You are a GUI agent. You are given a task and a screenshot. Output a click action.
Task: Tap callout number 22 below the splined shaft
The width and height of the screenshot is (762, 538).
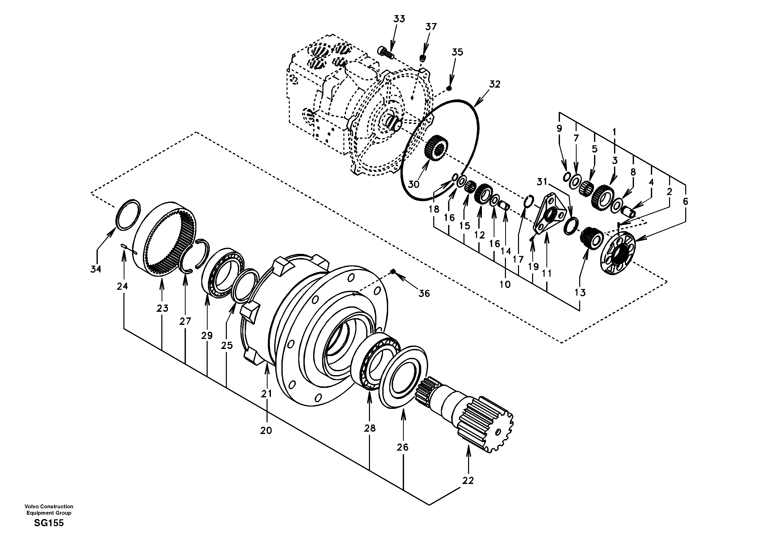coord(468,481)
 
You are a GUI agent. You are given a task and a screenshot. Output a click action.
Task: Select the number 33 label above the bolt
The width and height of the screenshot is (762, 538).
coord(399,19)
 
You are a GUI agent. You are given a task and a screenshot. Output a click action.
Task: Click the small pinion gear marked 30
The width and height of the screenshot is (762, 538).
coord(436,148)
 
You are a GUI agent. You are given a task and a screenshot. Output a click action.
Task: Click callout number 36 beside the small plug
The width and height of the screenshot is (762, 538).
coord(424,293)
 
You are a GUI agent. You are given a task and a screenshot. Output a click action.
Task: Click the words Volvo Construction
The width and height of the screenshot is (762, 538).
coord(49,506)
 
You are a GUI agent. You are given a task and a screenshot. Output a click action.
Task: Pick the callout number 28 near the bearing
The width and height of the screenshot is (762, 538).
coord(369,428)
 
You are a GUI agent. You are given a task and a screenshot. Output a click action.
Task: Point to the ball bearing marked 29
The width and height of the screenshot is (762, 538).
coord(222,272)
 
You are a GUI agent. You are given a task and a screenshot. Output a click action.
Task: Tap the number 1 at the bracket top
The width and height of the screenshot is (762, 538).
coord(614,132)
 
